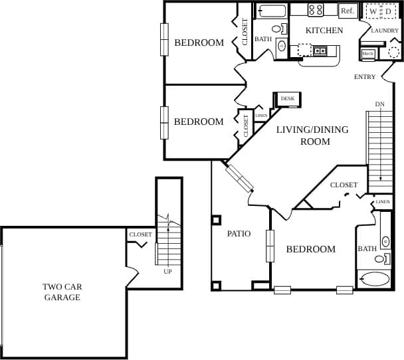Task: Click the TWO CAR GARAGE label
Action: tap(62, 292)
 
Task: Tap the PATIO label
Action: tap(239, 234)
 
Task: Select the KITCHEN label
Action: tap(324, 31)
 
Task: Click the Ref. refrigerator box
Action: tap(347, 11)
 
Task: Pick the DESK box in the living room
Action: tap(288, 99)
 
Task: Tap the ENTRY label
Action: tap(365, 77)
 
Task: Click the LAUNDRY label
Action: tap(385, 31)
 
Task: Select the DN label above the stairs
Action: tap(379, 104)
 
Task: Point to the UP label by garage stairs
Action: tap(168, 271)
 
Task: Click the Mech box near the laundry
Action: tap(368, 54)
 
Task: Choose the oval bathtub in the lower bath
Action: tap(375, 278)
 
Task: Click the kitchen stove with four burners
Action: tap(316, 10)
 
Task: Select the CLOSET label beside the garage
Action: tap(140, 234)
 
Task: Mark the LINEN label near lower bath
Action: tap(383, 202)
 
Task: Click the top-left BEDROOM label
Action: tap(199, 43)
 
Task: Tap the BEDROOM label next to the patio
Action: tap(310, 250)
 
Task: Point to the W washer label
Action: tap(373, 11)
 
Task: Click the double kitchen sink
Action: tap(320, 50)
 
